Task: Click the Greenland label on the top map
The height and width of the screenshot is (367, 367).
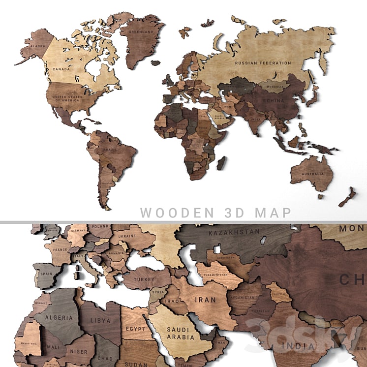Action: click(x=139, y=32)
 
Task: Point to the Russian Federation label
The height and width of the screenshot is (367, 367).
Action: click(x=263, y=63)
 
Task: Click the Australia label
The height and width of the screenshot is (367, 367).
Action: click(x=313, y=174)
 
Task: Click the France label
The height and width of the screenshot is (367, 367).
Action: click(x=59, y=250)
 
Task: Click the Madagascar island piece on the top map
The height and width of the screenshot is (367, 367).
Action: click(x=222, y=163)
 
